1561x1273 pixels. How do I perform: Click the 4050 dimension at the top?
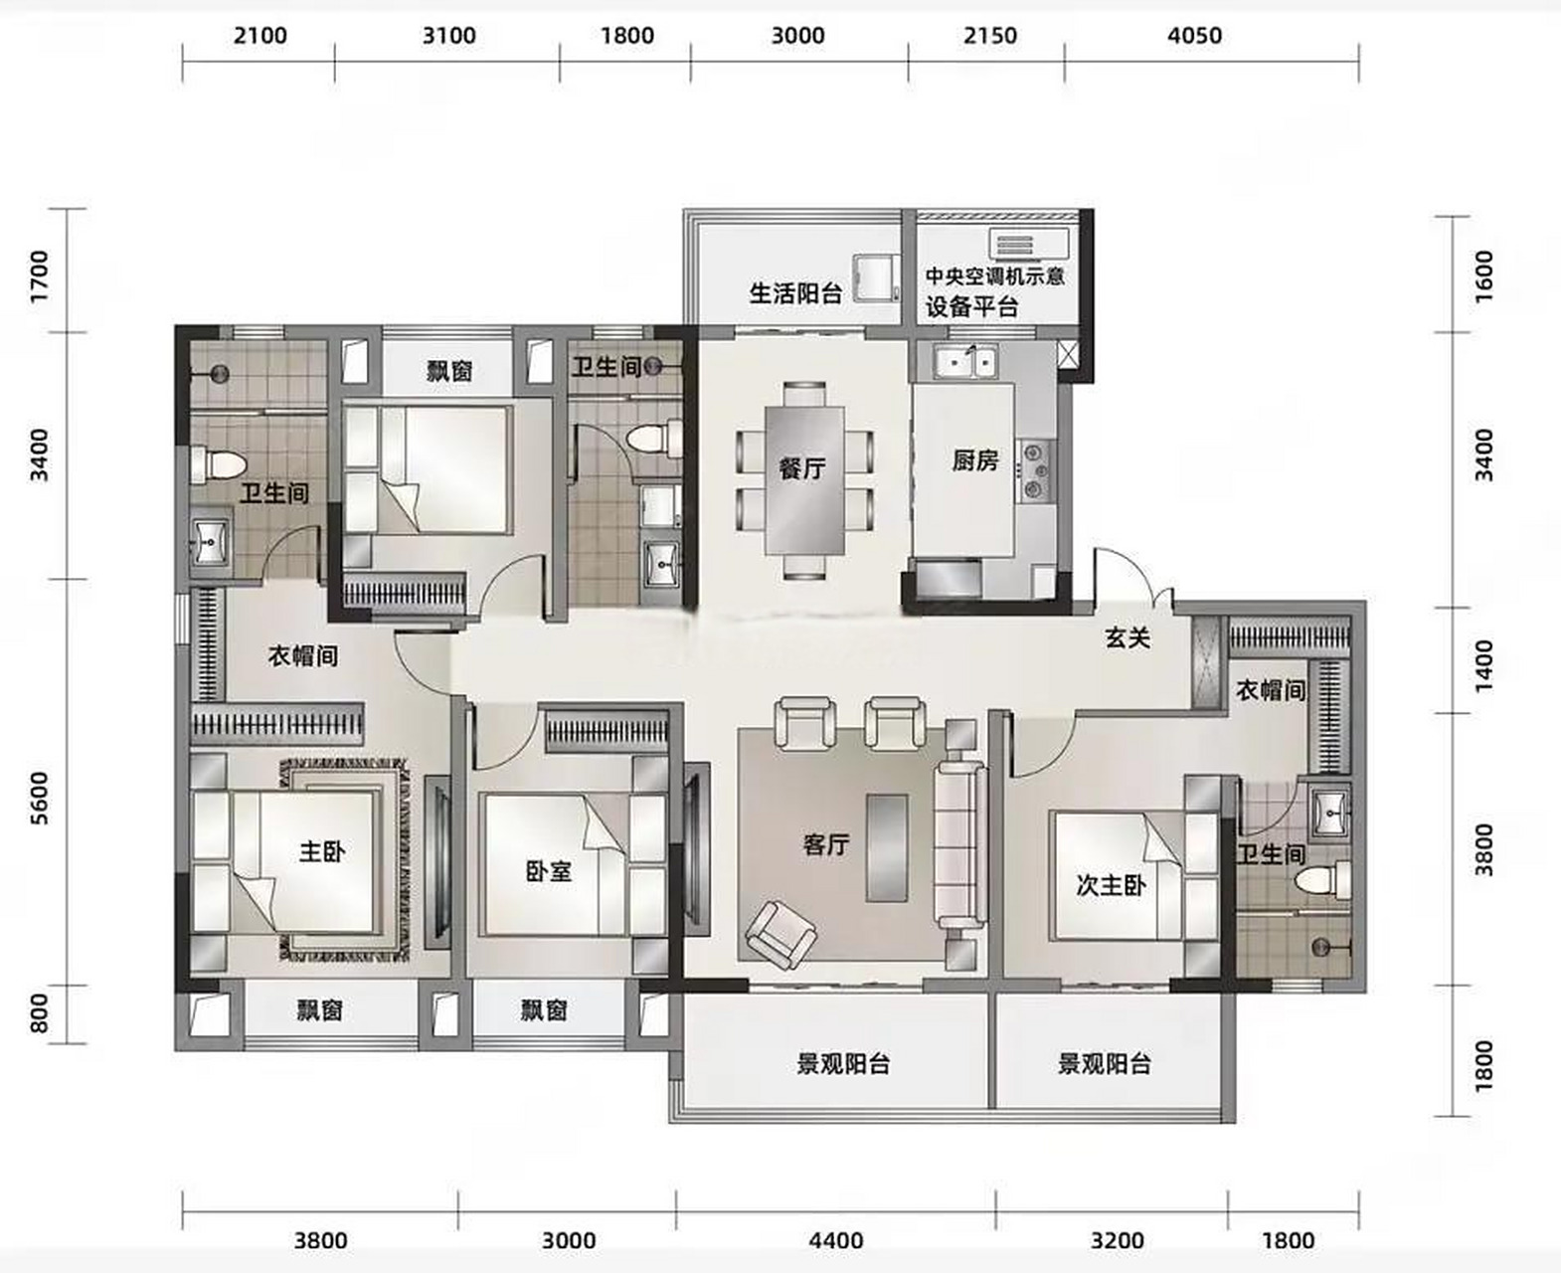click(x=1193, y=36)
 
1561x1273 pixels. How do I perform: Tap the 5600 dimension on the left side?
click(x=39, y=798)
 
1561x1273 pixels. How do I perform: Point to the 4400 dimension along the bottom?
click(x=835, y=1240)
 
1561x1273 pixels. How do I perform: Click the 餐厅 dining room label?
click(x=801, y=467)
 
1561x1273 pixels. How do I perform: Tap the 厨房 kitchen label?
click(x=974, y=460)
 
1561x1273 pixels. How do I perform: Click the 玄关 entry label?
click(x=1127, y=637)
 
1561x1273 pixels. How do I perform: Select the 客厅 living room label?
click(x=825, y=844)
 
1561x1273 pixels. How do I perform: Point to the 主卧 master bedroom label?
click(x=322, y=851)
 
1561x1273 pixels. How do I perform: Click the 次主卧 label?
click(x=1111, y=884)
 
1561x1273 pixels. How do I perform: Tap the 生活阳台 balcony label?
click(x=795, y=293)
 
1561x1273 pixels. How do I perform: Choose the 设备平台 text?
click(x=972, y=306)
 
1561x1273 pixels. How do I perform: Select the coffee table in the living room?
click(x=886, y=847)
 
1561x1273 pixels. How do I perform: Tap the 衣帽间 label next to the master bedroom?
click(x=303, y=655)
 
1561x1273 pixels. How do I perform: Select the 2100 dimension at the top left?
click(x=260, y=36)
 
